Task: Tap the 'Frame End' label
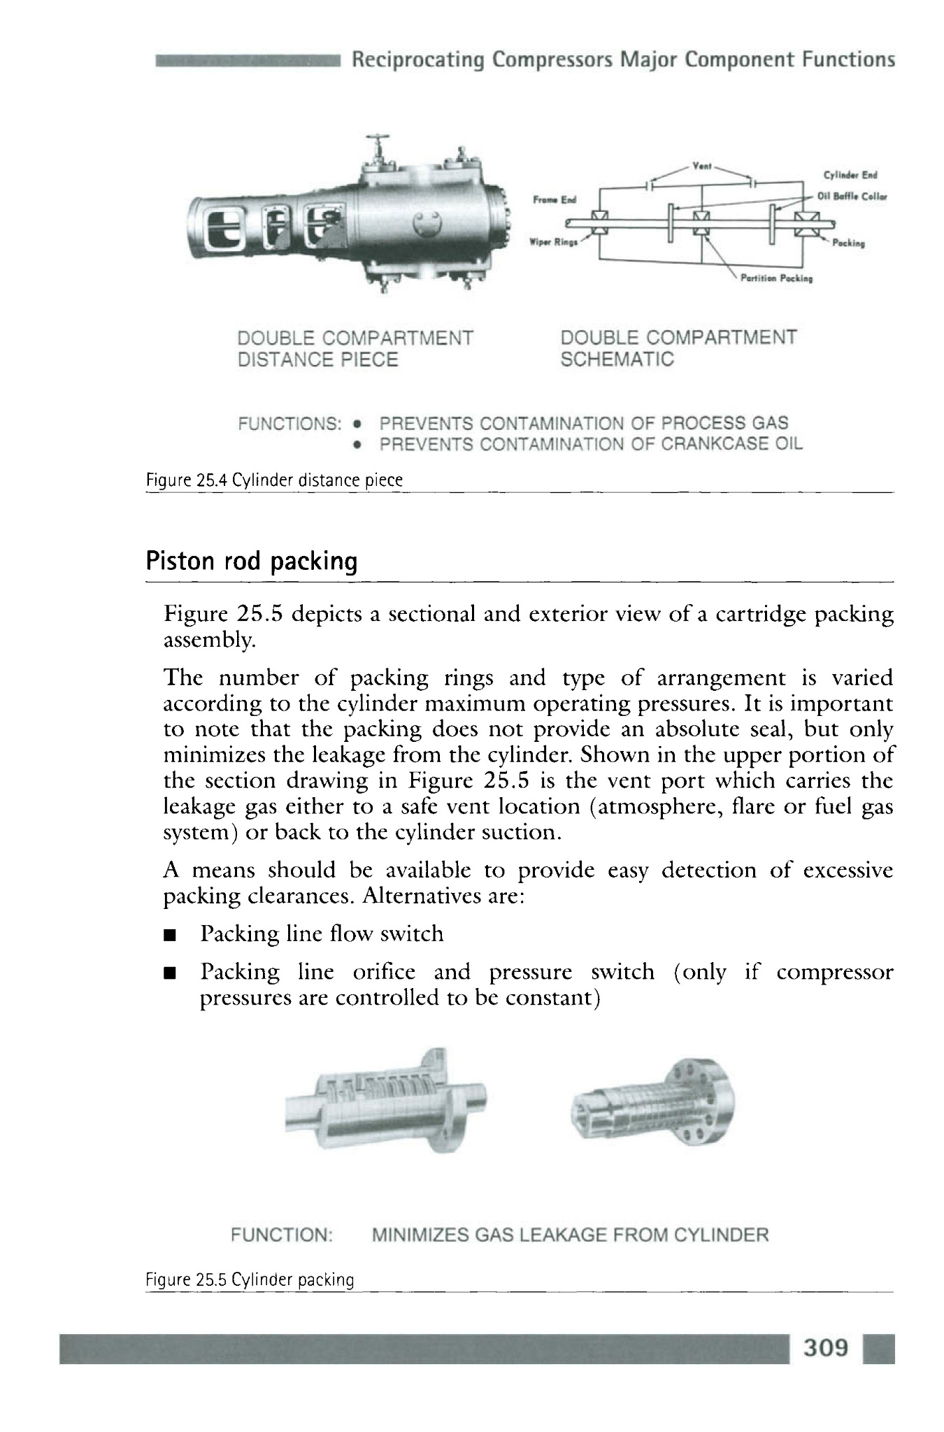click(x=553, y=199)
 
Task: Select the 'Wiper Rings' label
click(x=550, y=245)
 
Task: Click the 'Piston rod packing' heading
click(x=252, y=561)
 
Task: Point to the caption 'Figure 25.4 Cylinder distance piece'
click(x=274, y=480)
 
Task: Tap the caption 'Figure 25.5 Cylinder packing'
click(x=250, y=1280)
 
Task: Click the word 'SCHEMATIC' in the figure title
click(x=617, y=359)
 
